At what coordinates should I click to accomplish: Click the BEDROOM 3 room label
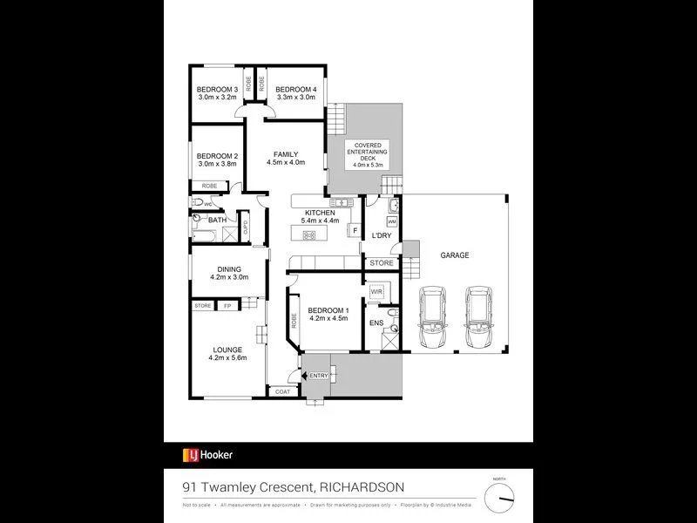tap(218, 89)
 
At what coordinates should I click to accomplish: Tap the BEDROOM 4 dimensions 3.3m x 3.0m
tap(296, 98)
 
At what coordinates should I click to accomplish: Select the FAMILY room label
tap(286, 153)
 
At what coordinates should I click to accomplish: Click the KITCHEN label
tap(319, 214)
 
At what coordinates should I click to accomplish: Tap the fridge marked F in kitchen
tap(355, 230)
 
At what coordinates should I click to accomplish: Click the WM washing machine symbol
tap(392, 222)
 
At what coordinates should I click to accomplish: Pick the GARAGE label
tap(455, 255)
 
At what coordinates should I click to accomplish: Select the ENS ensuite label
tap(376, 323)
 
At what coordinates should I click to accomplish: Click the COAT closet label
tap(282, 392)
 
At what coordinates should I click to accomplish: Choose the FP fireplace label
tap(228, 306)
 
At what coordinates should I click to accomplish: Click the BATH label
tap(217, 221)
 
